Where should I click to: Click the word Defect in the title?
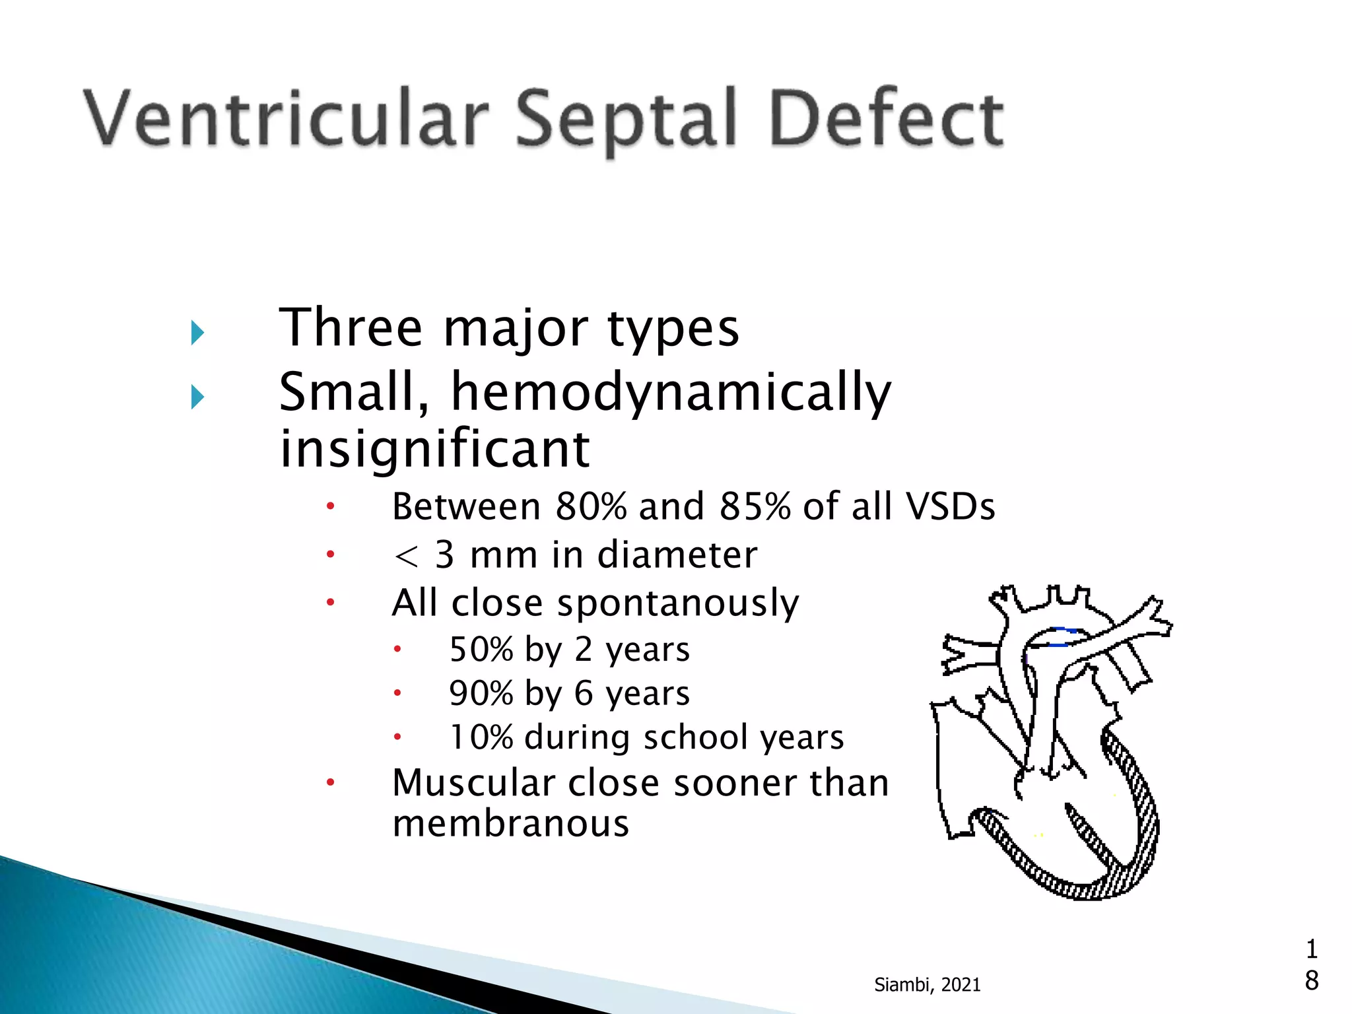pos(886,119)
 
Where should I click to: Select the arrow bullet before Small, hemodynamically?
pos(197,397)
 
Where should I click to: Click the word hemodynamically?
pos(671,393)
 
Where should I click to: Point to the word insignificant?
pos(434,449)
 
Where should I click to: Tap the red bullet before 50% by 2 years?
pos(397,650)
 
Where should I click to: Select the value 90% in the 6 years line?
pos(481,693)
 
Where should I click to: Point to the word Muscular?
pos(473,784)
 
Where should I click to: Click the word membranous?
pos(510,824)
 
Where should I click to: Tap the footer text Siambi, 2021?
pos(927,985)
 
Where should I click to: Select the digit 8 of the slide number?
pos(1312,981)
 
